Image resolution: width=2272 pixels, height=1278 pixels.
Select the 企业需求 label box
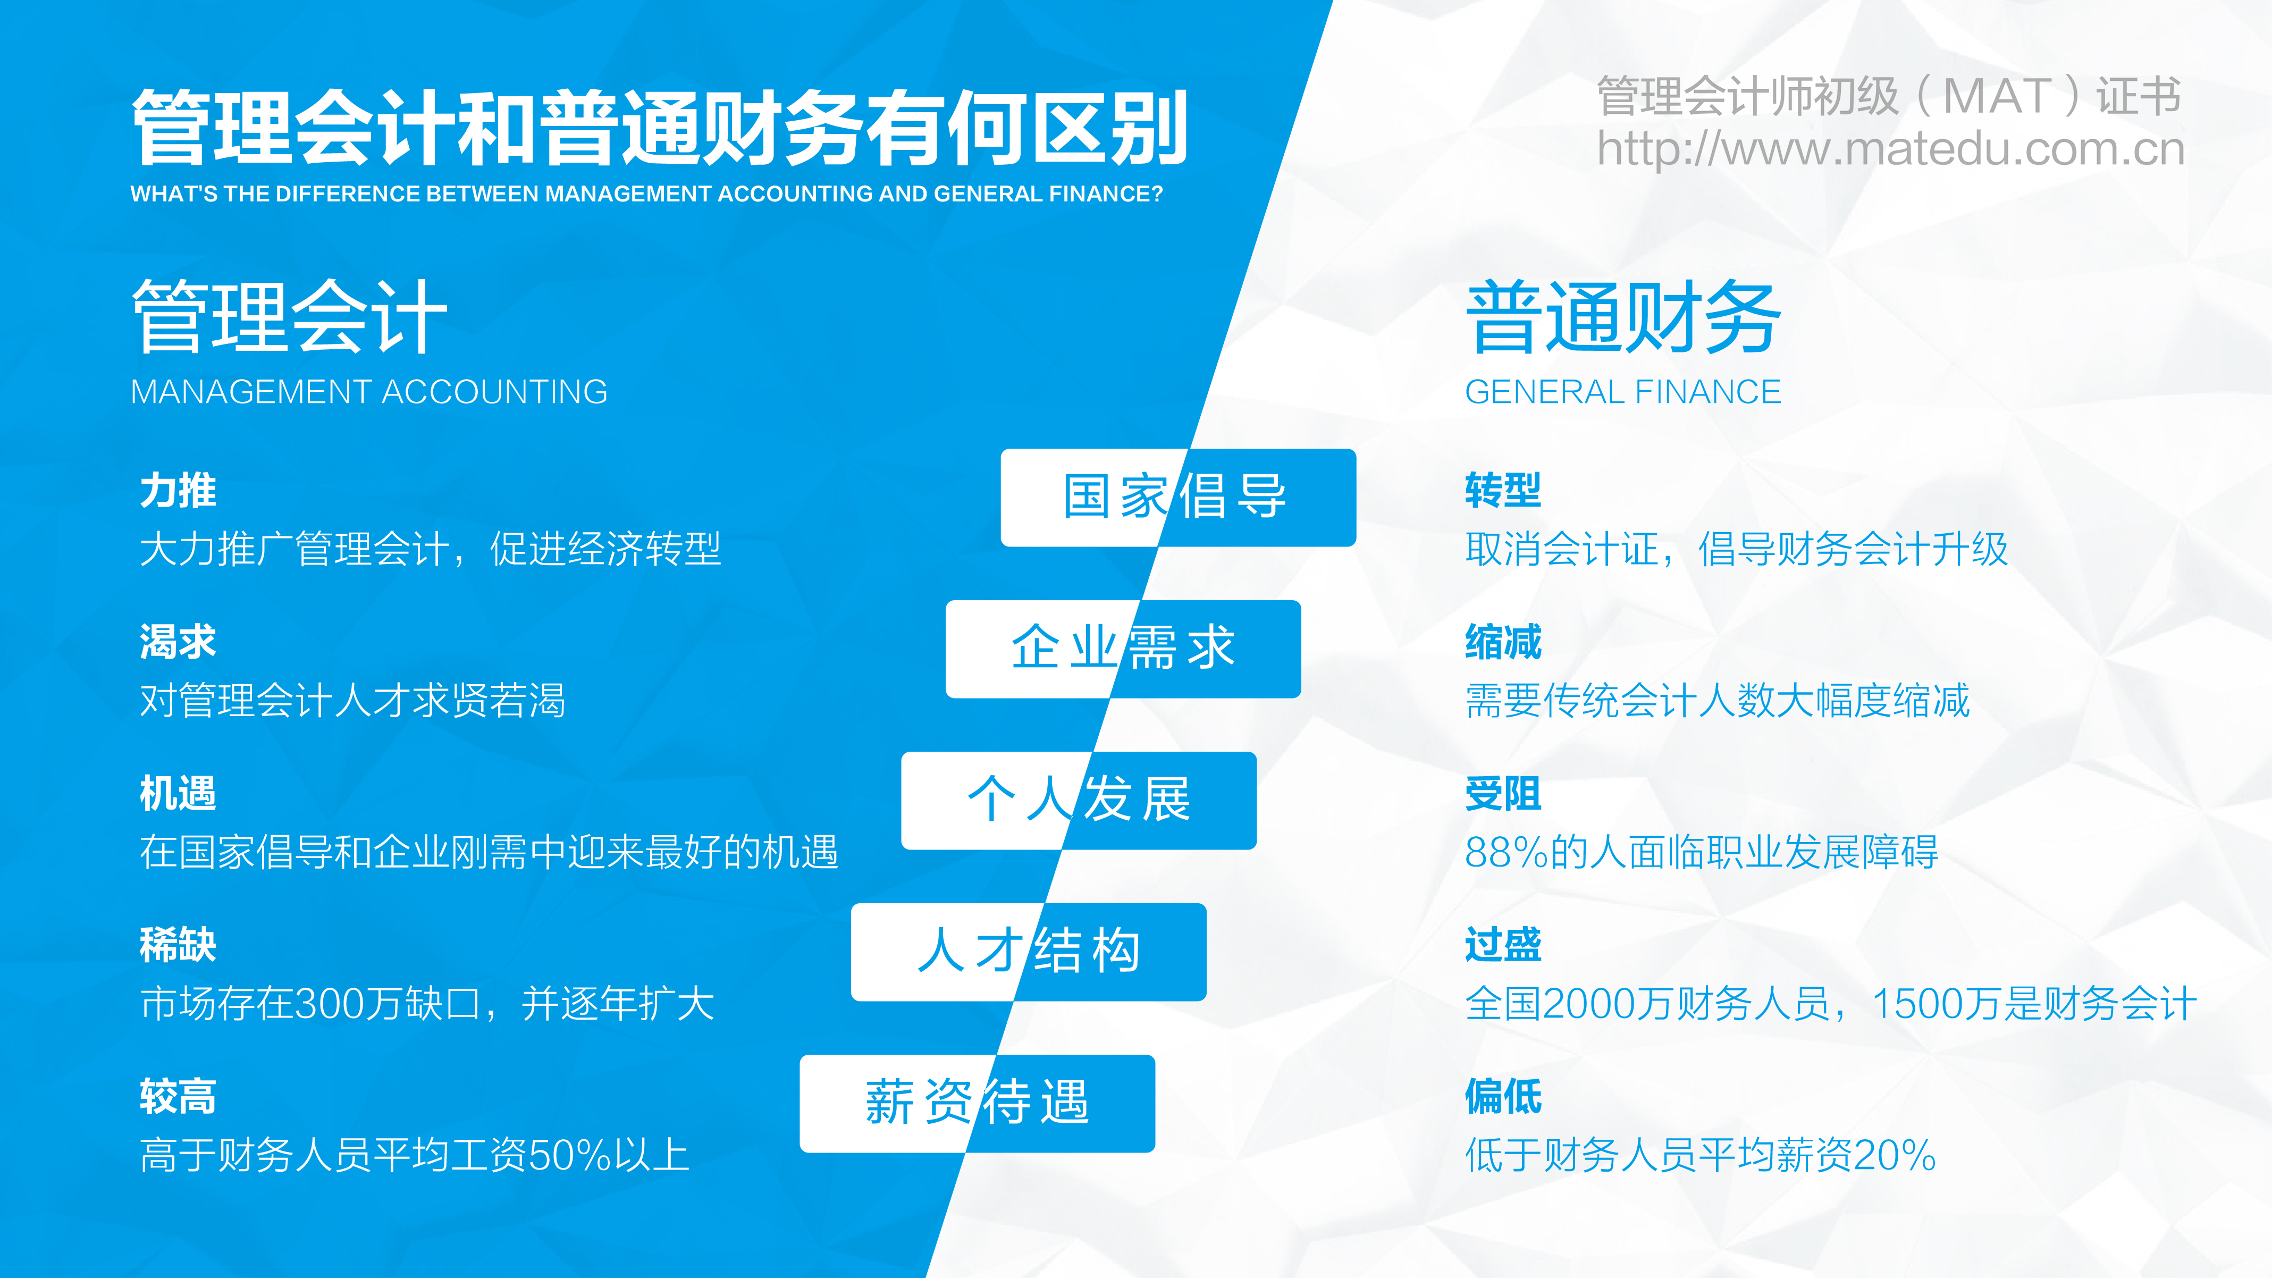click(x=1123, y=649)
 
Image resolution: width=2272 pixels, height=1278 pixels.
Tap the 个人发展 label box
click(x=1079, y=801)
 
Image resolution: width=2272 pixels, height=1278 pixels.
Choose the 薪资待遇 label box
click(x=977, y=1104)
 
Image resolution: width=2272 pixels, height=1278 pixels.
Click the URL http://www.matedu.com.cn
click(x=1891, y=149)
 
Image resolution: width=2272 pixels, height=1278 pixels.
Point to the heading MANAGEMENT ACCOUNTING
click(x=369, y=392)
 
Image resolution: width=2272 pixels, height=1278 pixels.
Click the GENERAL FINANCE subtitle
click(x=1623, y=392)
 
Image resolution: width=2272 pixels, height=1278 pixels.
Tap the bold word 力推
click(x=178, y=490)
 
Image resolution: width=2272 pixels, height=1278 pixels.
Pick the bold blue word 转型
click(x=1503, y=490)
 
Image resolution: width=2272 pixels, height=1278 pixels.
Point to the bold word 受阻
click(x=1503, y=794)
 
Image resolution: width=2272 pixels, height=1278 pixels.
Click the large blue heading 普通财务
click(x=1623, y=317)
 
